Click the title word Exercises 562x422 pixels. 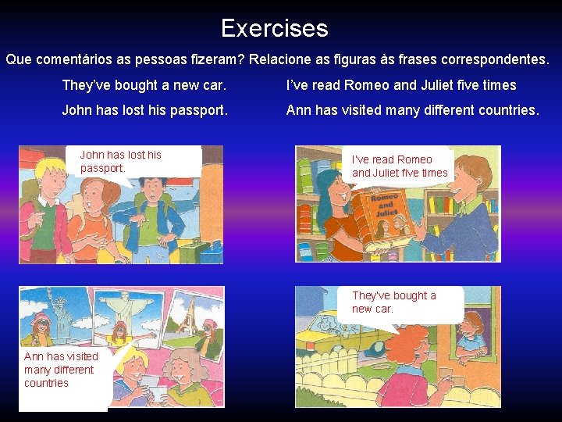(274, 29)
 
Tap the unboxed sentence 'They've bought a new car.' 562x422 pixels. (144, 85)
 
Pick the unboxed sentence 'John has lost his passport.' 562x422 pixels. (145, 110)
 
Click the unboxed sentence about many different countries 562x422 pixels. (412, 110)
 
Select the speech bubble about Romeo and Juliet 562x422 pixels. (400, 166)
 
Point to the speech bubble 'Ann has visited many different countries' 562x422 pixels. (62, 370)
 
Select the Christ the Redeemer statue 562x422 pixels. (121, 309)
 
